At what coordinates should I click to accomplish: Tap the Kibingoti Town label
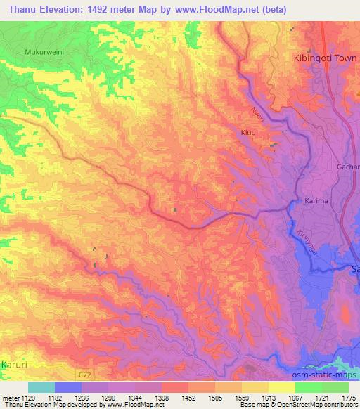(321, 60)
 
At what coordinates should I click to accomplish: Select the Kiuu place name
(245, 131)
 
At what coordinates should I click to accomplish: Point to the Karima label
(317, 201)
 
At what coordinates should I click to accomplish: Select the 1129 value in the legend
(27, 397)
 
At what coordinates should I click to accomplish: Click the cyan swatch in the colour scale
(41, 387)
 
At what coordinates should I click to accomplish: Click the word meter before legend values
(8, 397)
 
